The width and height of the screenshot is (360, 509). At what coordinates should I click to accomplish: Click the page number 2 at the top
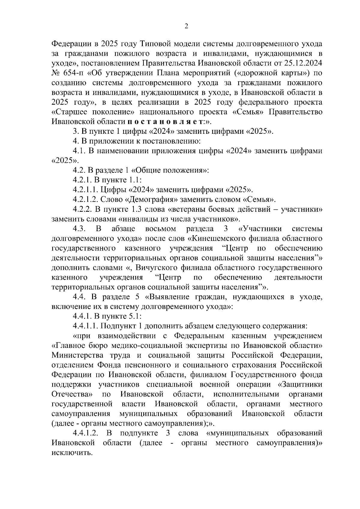click(x=186, y=26)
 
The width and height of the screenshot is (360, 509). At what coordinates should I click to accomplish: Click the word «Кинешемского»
click(x=217, y=239)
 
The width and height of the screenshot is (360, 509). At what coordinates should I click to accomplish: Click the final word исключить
click(x=72, y=453)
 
